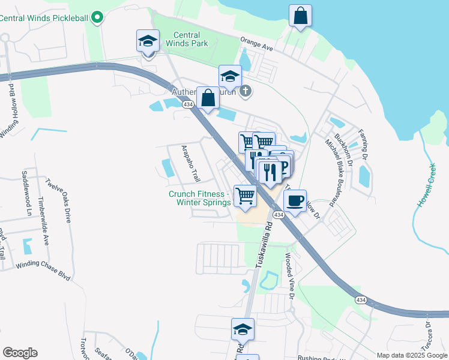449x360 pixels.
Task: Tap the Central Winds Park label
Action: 190,39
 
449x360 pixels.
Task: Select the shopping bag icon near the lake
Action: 300,16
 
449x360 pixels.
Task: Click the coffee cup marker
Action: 294,201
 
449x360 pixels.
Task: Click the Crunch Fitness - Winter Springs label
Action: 199,198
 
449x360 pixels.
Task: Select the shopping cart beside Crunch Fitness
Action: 245,196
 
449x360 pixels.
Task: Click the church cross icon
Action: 245,91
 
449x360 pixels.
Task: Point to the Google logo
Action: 20,353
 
